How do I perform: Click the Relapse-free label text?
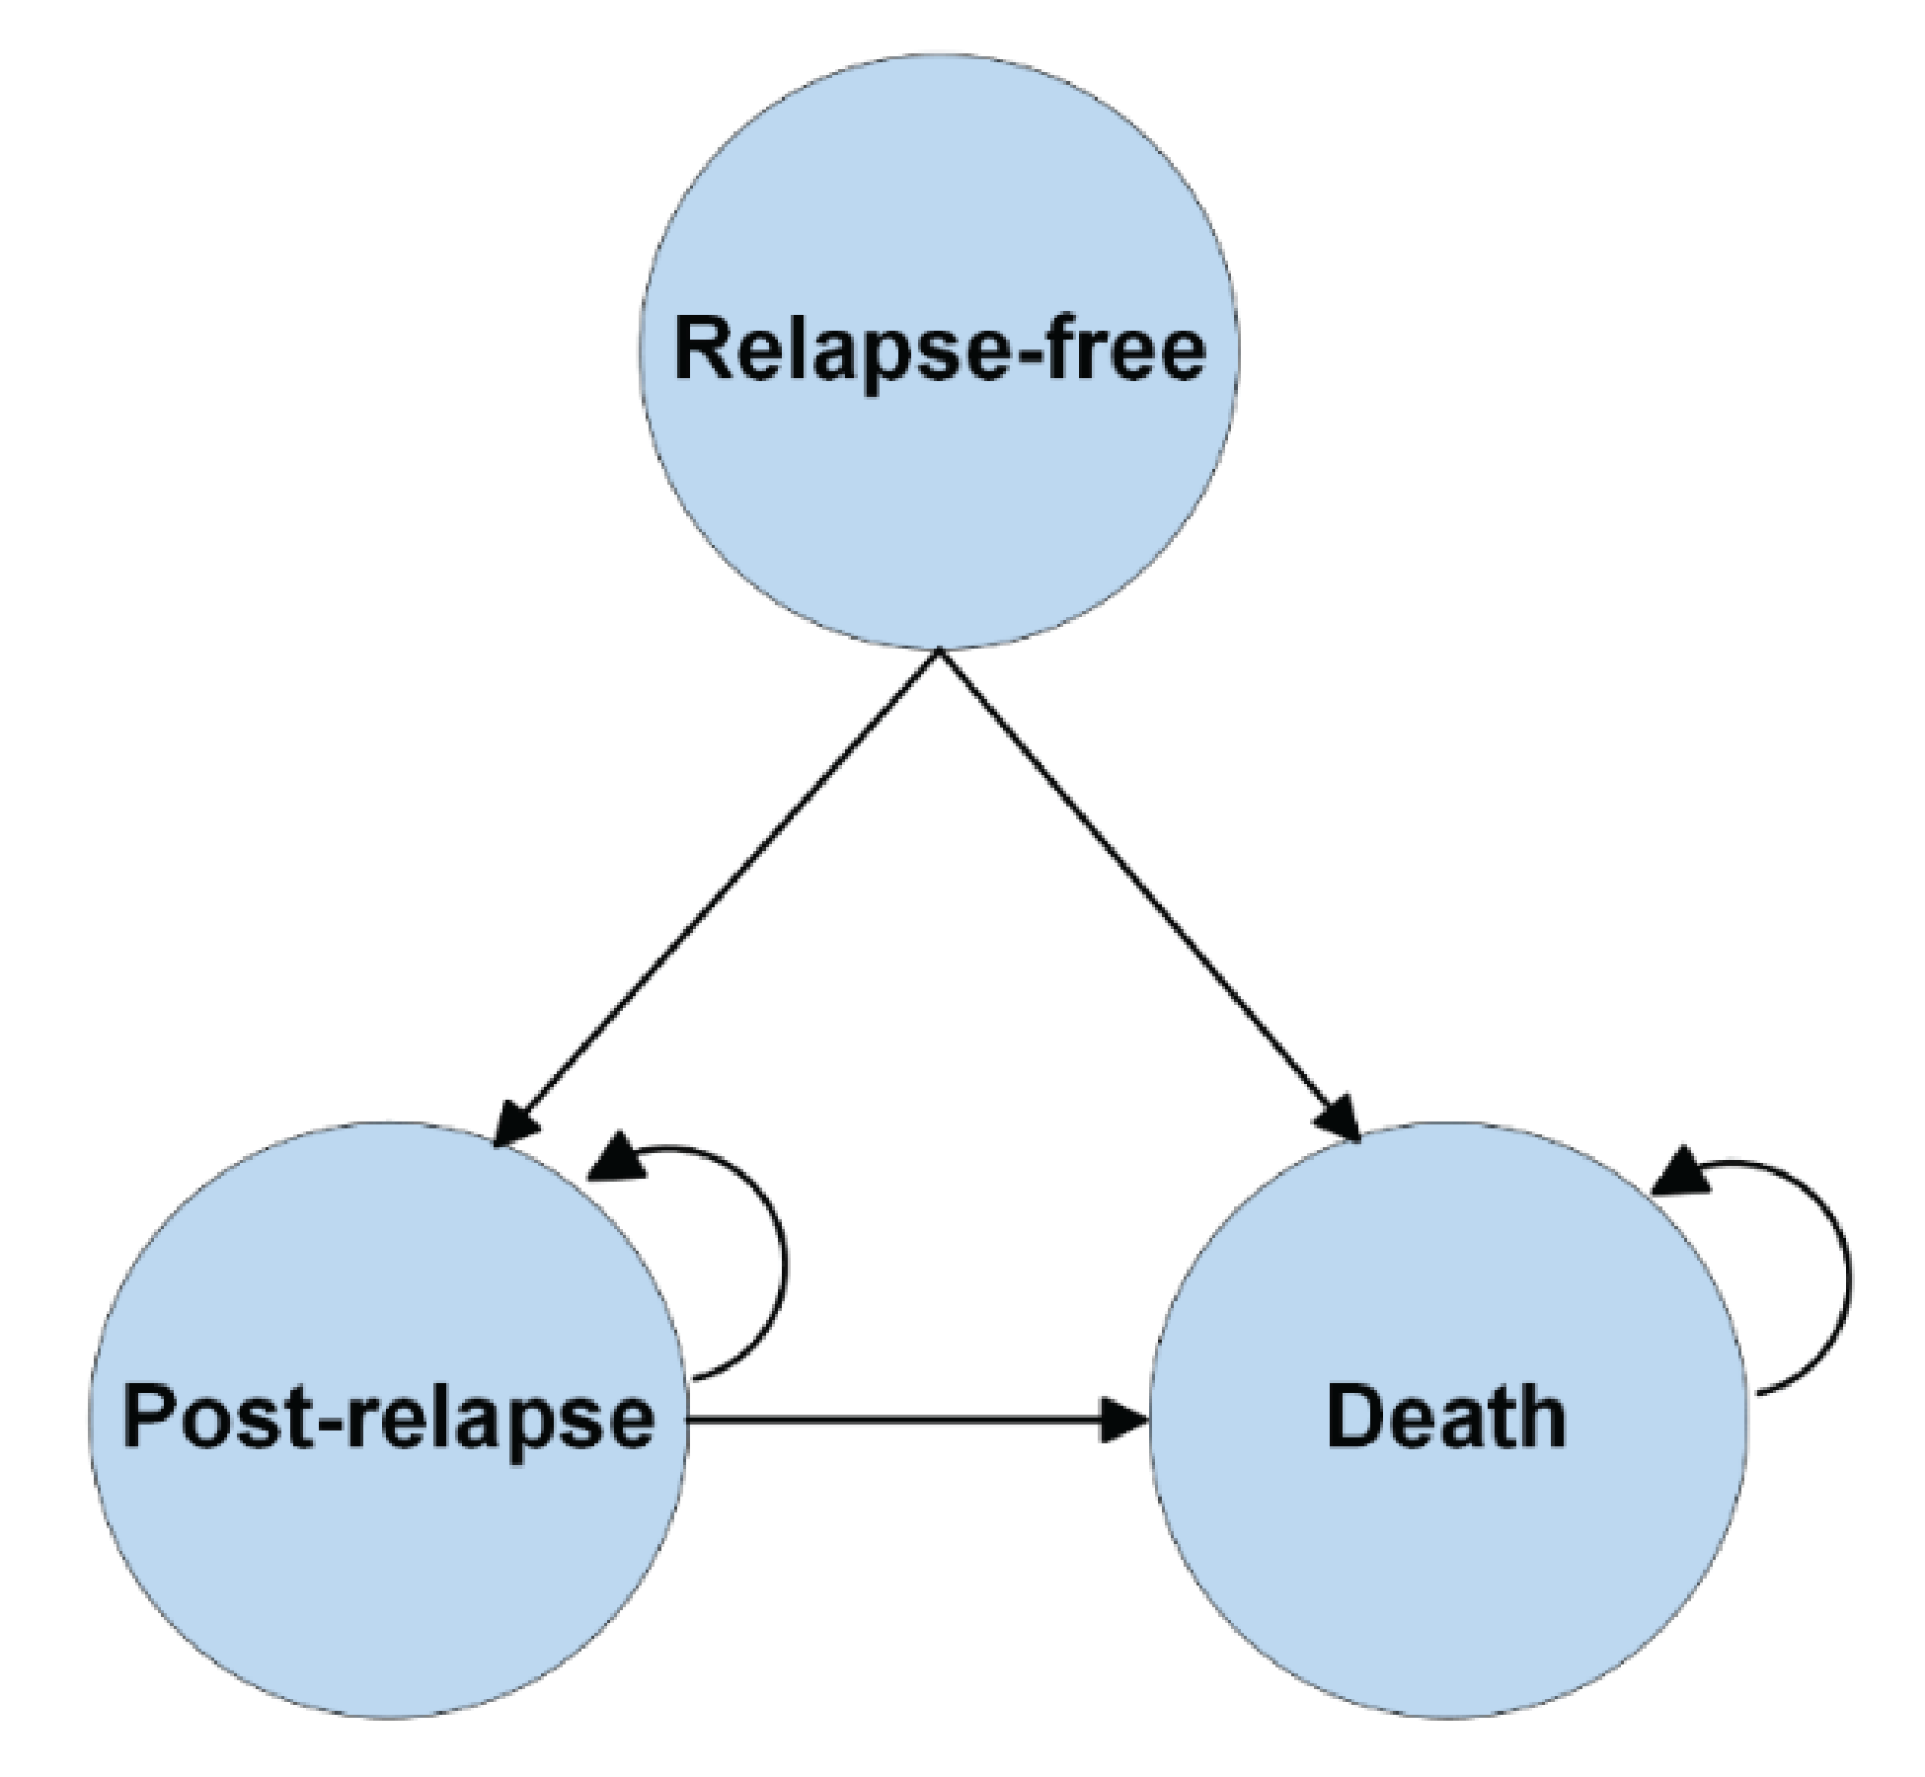[939, 350]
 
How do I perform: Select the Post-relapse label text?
[388, 1418]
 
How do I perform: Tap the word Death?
[1445, 1418]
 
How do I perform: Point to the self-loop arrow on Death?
[1848, 1278]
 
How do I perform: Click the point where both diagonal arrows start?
[939, 652]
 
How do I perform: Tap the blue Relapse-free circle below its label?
[939, 513]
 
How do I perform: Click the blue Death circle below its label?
[1445, 1580]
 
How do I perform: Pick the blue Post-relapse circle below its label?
[388, 1580]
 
